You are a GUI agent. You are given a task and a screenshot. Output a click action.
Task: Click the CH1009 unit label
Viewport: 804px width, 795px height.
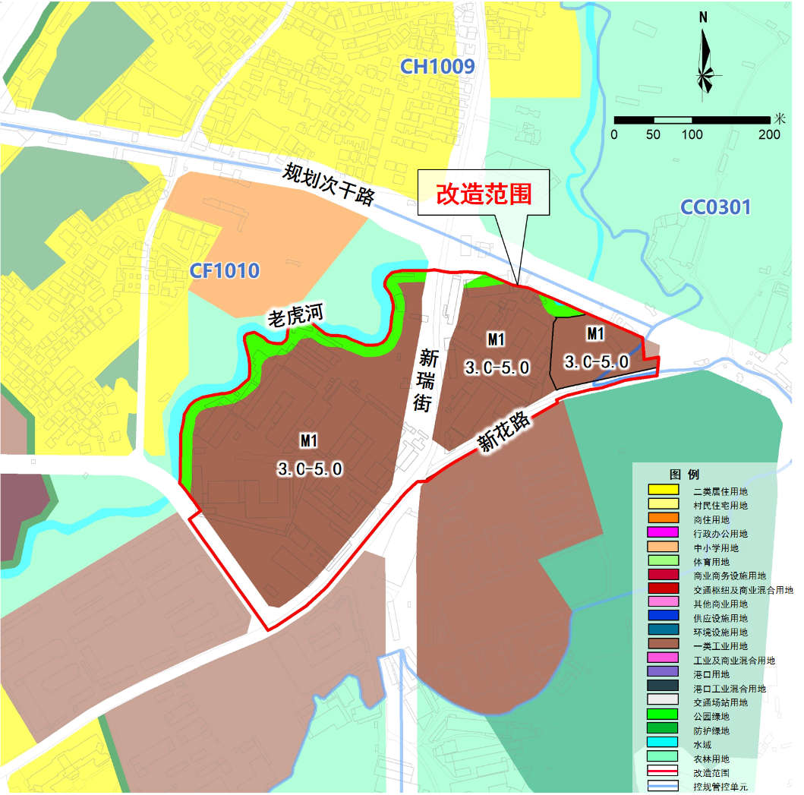pos(438,67)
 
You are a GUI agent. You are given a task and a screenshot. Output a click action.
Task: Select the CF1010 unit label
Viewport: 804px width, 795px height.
pos(225,270)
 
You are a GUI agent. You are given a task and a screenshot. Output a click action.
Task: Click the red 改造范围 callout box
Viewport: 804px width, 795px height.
pos(484,194)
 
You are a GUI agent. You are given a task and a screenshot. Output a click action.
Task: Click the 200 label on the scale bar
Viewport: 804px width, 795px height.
pos(769,135)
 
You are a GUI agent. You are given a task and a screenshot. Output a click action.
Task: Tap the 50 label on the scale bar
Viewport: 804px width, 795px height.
pos(653,135)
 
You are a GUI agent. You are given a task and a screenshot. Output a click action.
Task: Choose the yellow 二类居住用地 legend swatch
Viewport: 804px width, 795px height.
pos(662,491)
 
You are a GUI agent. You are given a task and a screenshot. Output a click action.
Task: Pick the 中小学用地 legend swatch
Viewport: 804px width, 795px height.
pos(662,547)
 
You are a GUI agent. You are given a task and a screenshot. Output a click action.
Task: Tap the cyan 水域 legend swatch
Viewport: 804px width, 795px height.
pos(662,745)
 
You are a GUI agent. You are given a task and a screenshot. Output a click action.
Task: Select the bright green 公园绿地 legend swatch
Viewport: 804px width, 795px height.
pos(662,716)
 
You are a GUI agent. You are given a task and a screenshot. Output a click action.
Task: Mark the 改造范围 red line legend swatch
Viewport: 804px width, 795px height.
pos(662,773)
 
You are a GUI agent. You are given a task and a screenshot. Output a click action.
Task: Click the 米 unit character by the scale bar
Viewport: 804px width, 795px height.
pos(780,118)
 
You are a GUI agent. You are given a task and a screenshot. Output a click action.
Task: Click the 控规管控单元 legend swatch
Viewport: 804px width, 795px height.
pos(662,787)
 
